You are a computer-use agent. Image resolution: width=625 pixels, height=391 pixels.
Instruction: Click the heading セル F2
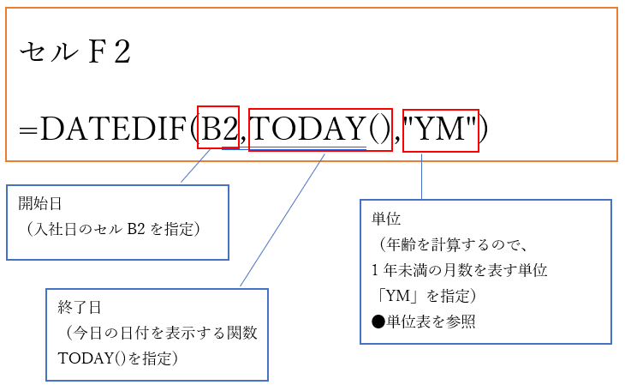click(x=75, y=52)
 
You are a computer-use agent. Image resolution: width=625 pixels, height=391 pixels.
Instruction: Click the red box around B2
click(x=218, y=128)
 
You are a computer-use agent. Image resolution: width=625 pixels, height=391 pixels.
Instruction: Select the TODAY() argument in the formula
click(x=320, y=129)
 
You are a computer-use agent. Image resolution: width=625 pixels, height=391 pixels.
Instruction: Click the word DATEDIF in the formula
click(x=113, y=129)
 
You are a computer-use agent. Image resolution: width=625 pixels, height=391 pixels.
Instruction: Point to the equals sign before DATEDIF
click(x=29, y=130)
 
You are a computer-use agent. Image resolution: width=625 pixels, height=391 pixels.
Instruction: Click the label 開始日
click(x=40, y=204)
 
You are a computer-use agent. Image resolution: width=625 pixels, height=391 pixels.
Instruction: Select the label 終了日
click(x=80, y=308)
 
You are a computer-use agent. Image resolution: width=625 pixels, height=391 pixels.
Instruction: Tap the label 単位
click(x=386, y=219)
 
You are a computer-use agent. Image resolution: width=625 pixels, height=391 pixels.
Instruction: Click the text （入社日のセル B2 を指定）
click(x=113, y=229)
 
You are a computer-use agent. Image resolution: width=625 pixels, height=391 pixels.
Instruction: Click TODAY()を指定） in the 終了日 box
click(x=118, y=358)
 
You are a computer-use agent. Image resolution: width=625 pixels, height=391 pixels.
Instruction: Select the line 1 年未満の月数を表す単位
click(x=459, y=270)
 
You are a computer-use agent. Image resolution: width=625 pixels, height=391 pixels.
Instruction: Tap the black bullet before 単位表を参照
click(x=378, y=322)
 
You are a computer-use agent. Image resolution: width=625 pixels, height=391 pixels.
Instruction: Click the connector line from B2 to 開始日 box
click(x=196, y=165)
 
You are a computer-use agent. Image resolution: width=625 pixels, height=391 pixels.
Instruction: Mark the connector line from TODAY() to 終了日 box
click(x=283, y=220)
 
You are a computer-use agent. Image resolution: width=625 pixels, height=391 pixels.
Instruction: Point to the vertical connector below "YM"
click(x=422, y=176)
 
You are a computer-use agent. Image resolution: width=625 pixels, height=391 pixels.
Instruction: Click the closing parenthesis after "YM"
click(x=484, y=129)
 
